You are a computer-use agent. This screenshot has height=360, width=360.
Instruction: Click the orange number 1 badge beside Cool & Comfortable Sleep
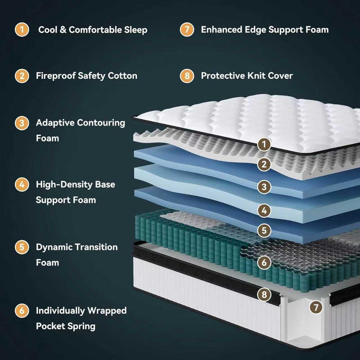[22, 29]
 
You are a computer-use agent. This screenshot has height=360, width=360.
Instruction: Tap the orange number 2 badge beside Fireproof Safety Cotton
[22, 76]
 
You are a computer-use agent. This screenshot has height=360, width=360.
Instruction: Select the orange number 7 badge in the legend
[187, 29]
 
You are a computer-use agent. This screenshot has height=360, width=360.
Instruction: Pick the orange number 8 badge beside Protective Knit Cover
[187, 76]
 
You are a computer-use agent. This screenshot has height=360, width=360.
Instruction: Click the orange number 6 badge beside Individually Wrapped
[22, 311]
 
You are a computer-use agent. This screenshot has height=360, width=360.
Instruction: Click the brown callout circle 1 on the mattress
[264, 145]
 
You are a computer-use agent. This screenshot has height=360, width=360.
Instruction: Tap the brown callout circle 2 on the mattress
[264, 165]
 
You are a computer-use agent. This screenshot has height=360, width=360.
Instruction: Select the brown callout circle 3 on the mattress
[264, 187]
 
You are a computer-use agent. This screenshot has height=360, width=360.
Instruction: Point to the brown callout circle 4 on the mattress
[264, 210]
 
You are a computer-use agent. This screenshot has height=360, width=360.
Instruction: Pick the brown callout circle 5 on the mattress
[264, 230]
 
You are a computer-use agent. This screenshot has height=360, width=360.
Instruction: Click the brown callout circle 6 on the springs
[264, 262]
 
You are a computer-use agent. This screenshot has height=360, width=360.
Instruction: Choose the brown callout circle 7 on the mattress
[316, 308]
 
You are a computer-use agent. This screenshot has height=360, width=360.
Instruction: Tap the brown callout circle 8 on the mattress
[264, 295]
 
